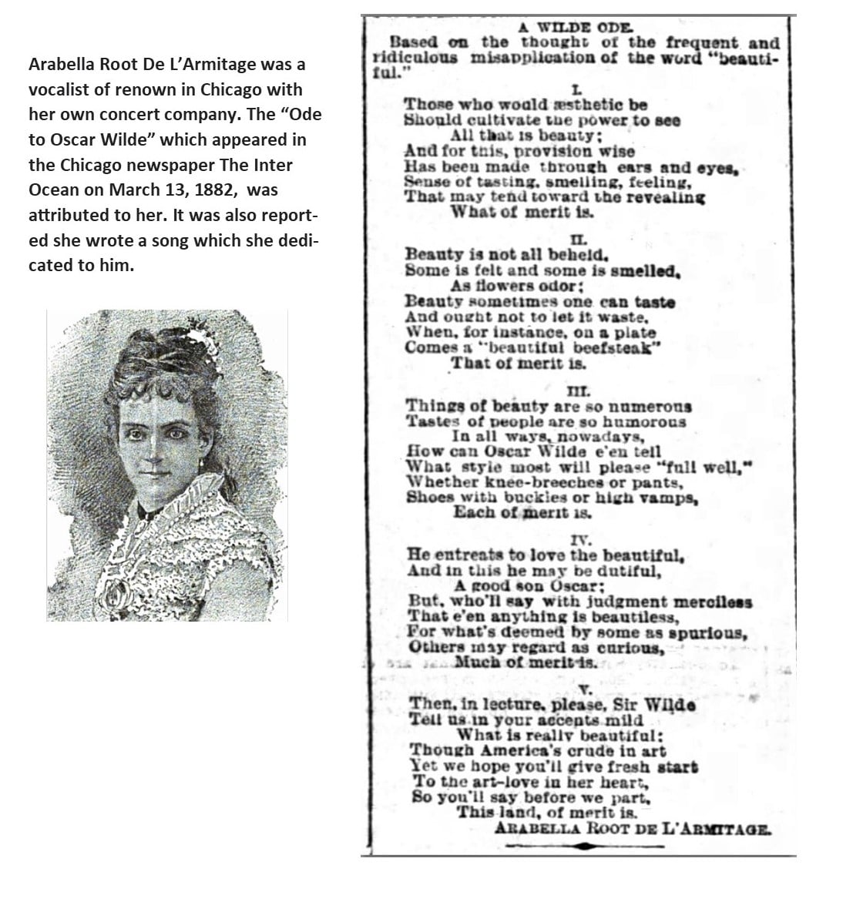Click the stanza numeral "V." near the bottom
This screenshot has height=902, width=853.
(583, 689)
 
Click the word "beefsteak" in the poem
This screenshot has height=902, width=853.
(620, 347)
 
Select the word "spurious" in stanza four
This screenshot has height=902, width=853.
(708, 633)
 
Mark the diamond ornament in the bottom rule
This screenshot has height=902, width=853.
(586, 847)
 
